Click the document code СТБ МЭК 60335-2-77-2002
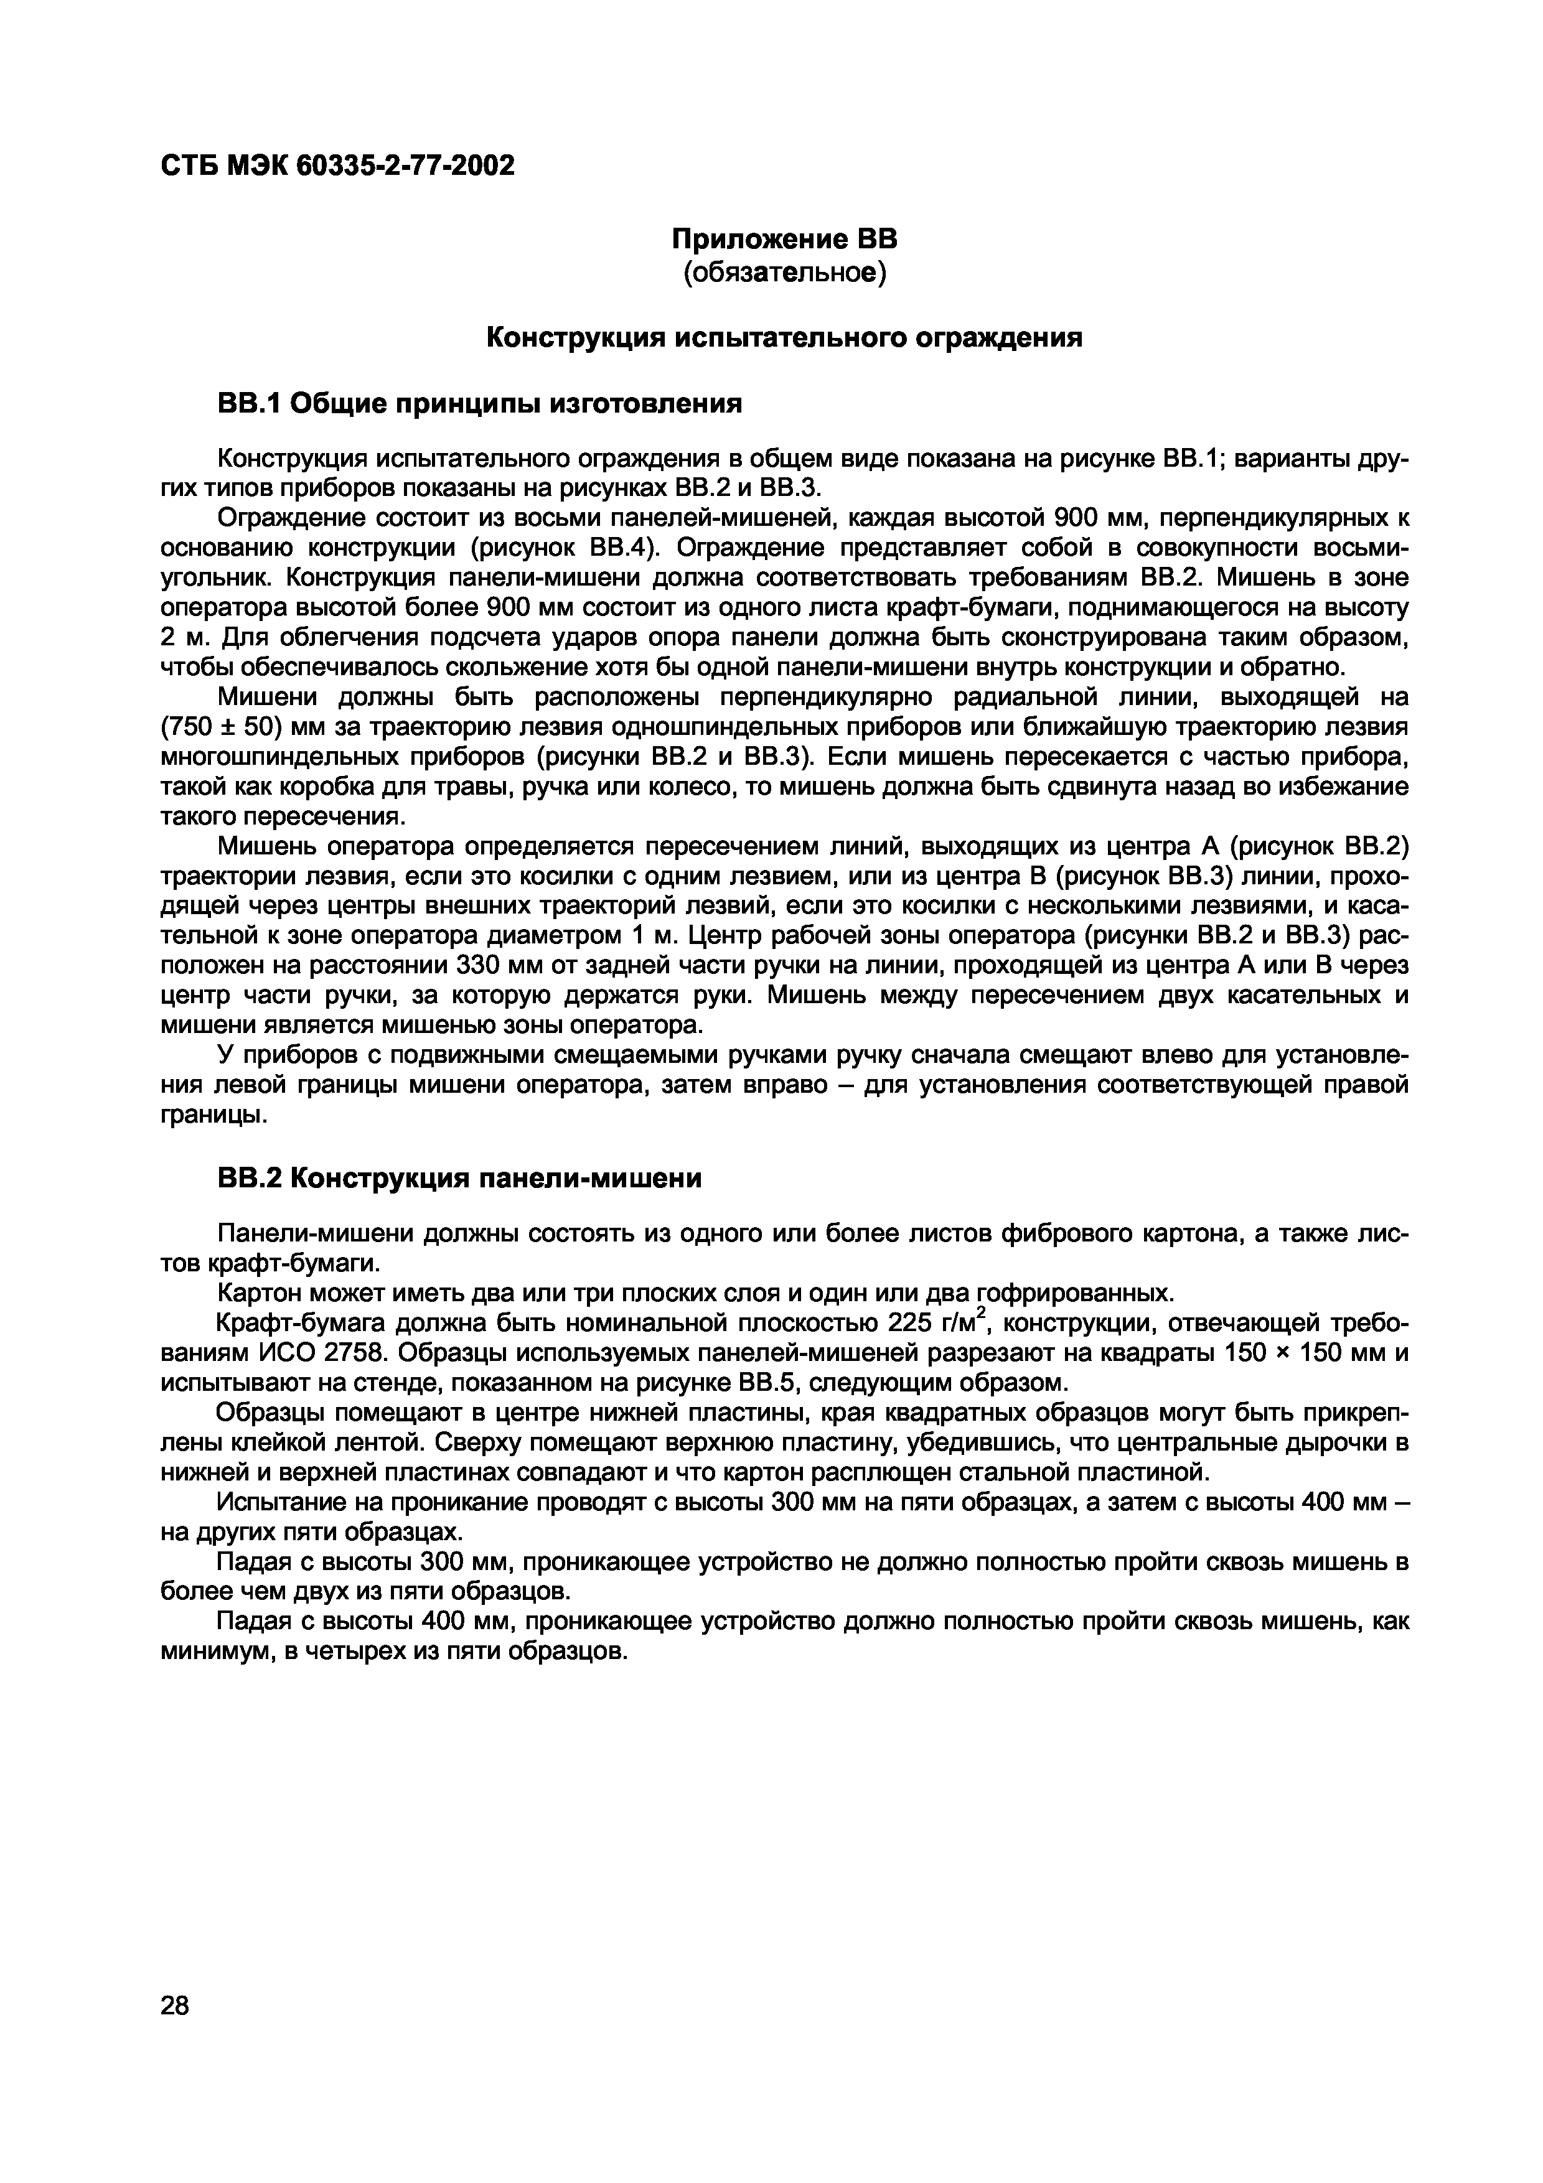point(337,166)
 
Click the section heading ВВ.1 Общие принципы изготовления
point(480,404)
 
